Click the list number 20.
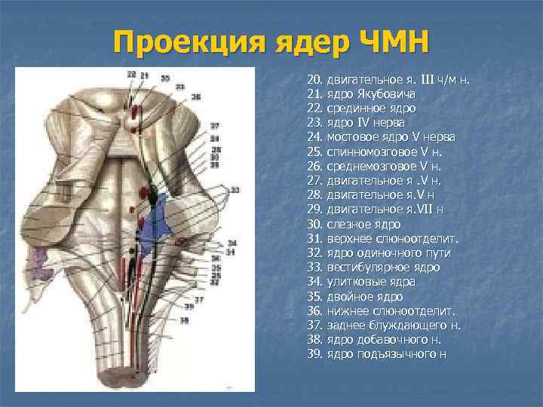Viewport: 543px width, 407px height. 314,79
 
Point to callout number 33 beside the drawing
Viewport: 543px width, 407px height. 235,188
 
